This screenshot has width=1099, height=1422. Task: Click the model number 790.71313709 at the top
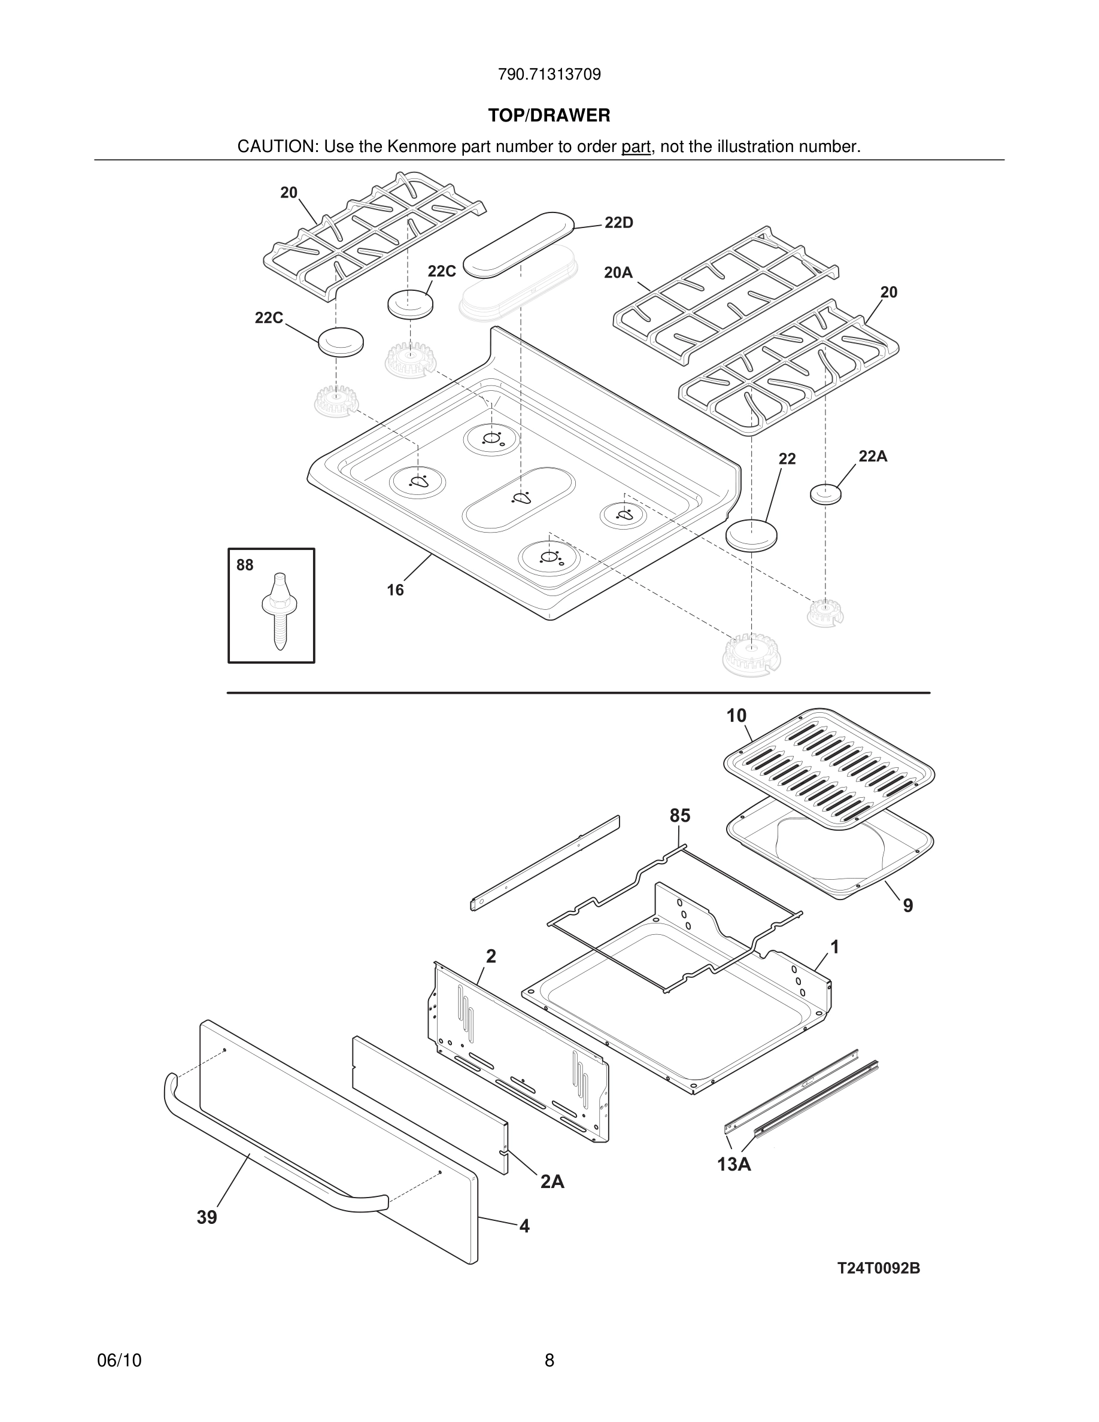549,75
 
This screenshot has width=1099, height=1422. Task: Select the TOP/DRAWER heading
549,116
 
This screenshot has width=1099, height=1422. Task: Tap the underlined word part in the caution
636,147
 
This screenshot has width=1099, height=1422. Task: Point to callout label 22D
618,223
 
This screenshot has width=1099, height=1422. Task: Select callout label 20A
618,273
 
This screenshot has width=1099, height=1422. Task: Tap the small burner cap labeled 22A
825,494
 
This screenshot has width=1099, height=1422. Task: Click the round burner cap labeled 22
752,535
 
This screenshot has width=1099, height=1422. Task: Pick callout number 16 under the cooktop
395,590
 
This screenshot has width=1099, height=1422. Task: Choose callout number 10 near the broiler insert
736,716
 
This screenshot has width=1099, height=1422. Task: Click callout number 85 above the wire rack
680,816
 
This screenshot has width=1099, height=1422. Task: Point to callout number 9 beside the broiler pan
907,906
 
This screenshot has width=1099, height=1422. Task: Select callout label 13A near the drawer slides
734,1164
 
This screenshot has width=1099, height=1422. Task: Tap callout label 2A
552,1182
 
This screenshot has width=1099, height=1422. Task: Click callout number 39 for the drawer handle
207,1217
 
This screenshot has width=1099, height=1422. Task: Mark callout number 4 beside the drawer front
524,1227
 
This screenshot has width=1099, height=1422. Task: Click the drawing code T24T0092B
878,1268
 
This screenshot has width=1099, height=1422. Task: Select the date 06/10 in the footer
119,1361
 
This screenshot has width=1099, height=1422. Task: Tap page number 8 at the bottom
549,1361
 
